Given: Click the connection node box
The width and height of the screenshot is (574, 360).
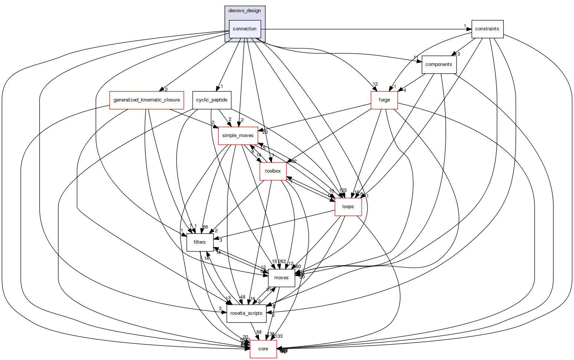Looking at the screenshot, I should click(x=245, y=29).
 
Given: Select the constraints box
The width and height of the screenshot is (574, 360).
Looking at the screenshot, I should click(x=487, y=29).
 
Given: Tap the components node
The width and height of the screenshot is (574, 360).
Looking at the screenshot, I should click(x=439, y=64).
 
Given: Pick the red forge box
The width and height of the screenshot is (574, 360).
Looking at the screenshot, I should click(x=384, y=100).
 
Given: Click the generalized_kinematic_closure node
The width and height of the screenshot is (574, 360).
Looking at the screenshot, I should click(x=147, y=100).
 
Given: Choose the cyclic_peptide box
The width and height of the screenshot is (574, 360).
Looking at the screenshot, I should click(x=212, y=100).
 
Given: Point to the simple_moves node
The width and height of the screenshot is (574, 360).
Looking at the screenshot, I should click(x=238, y=136).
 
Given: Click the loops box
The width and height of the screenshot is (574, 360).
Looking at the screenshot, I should click(x=348, y=207).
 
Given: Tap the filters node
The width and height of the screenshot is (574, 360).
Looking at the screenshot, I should click(x=200, y=242).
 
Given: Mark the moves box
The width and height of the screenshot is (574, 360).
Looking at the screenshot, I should click(x=281, y=278).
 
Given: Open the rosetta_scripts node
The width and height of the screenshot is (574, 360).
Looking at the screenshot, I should click(x=246, y=313).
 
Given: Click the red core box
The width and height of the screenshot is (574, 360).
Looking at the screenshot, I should click(x=263, y=349).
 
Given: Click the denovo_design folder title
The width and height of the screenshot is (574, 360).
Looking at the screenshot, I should click(x=245, y=11).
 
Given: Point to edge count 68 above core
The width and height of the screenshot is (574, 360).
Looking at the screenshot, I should click(x=259, y=332).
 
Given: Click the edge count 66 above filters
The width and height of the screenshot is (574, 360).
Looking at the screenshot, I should click(x=205, y=227).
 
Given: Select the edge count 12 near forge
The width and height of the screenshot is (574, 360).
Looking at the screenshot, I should click(x=375, y=84).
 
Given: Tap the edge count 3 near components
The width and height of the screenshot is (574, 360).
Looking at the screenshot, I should click(x=458, y=54).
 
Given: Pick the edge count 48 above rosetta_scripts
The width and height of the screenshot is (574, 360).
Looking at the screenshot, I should click(x=242, y=297).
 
